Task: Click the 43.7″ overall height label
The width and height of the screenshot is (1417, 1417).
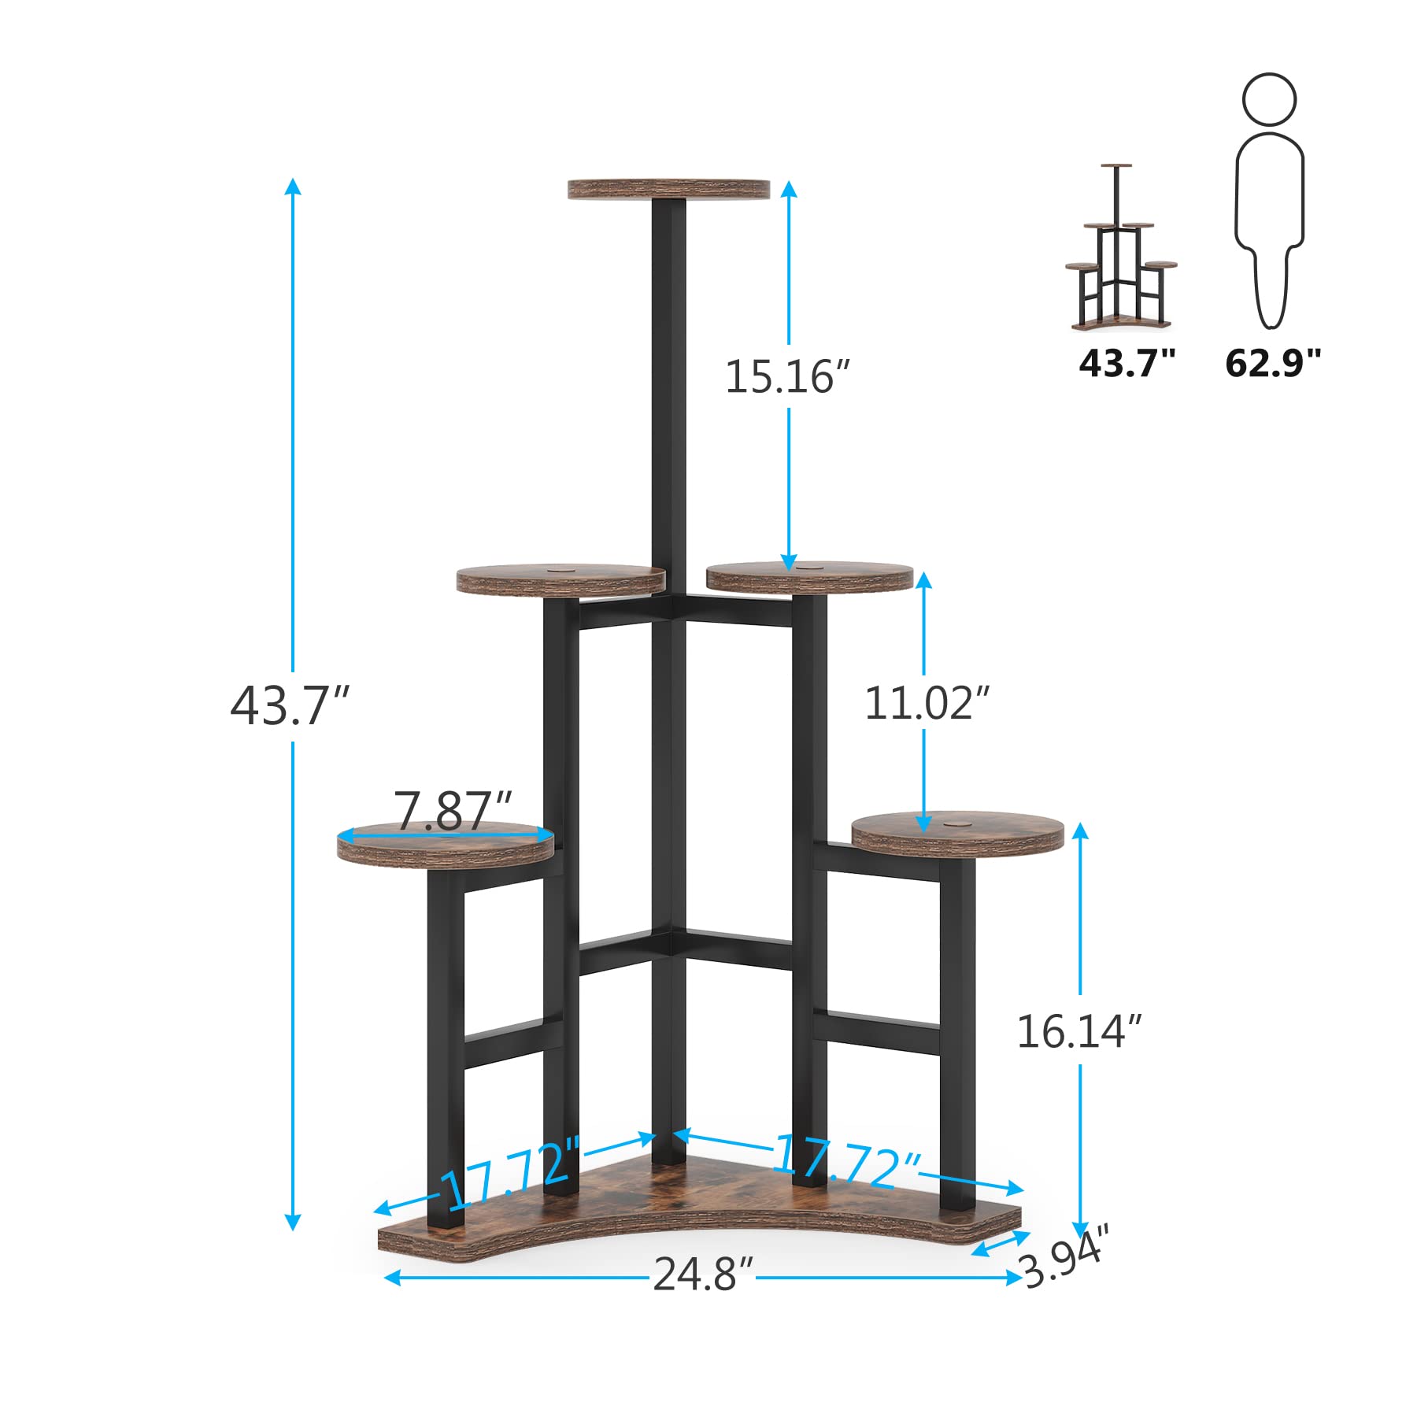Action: coord(289,705)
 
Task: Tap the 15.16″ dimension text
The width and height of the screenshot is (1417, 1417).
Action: coord(787,376)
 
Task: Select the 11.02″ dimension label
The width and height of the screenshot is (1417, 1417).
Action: coord(926,703)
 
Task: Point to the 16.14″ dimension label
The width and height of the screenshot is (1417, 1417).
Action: coord(1078,1031)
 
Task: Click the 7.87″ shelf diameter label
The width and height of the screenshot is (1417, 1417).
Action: coord(453,810)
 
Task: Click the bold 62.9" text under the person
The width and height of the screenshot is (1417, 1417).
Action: coord(1272,363)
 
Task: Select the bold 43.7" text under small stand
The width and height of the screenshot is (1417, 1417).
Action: coord(1127,363)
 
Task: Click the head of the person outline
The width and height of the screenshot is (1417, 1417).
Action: coord(1269,99)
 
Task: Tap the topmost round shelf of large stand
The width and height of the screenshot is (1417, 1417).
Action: coord(668,189)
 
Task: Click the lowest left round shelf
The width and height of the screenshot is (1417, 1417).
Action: coord(446,846)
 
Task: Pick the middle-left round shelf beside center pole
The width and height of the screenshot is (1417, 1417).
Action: coord(561,579)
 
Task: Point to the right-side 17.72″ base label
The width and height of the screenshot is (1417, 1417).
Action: coord(847,1160)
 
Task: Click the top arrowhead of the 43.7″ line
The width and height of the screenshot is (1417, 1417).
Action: coord(293,186)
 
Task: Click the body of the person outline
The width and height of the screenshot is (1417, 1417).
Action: coord(1269,220)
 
